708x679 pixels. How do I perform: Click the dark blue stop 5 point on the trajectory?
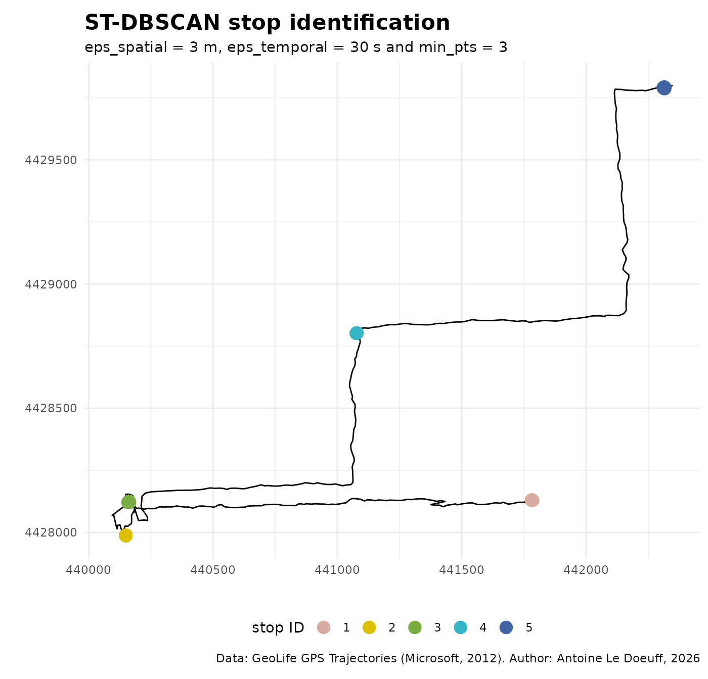click(x=664, y=88)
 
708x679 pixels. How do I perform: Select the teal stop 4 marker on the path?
click(x=357, y=333)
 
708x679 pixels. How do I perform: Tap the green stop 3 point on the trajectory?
click(x=128, y=502)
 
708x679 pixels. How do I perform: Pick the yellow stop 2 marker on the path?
click(x=126, y=536)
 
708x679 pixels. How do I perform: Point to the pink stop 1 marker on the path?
click(x=532, y=500)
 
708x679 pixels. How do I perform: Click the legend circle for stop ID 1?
click(x=324, y=627)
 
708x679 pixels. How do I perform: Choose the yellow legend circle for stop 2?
click(x=370, y=627)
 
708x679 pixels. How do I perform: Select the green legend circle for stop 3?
click(x=415, y=627)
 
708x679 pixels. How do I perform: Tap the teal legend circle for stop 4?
click(x=461, y=627)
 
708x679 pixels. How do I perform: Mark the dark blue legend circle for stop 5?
click(x=506, y=627)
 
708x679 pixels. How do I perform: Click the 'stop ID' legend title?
click(x=278, y=627)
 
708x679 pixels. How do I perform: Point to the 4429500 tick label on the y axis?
click(x=51, y=160)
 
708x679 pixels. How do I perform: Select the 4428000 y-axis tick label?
click(x=51, y=532)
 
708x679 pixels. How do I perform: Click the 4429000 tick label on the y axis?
click(x=51, y=284)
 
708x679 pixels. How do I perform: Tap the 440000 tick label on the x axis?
click(x=89, y=570)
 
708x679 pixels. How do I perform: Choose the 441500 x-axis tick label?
click(x=462, y=570)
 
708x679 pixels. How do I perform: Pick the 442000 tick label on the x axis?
click(x=586, y=570)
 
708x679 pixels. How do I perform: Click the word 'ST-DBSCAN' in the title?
click(x=152, y=23)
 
